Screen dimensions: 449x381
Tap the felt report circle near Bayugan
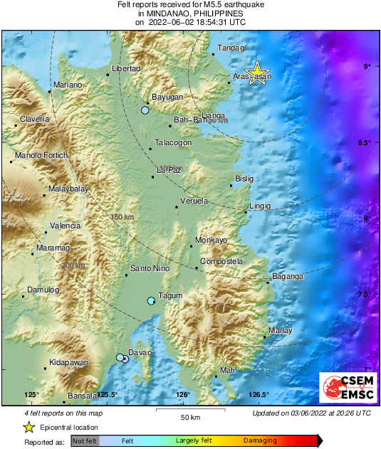click(145, 110)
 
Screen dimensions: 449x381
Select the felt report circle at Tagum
click(151, 301)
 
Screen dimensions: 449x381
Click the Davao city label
click(140, 352)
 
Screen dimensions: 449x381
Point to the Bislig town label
click(244, 178)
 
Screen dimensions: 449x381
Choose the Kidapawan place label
click(68, 363)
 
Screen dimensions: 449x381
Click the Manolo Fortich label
click(41, 155)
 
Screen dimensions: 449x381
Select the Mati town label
click(227, 370)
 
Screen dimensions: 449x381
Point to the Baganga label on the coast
click(288, 276)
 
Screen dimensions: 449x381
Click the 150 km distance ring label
click(121, 216)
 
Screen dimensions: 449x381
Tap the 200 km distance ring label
click(73, 265)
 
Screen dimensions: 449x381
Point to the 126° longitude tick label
click(182, 395)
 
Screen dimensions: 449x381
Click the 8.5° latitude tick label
click(364, 143)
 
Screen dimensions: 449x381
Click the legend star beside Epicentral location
click(28, 427)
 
